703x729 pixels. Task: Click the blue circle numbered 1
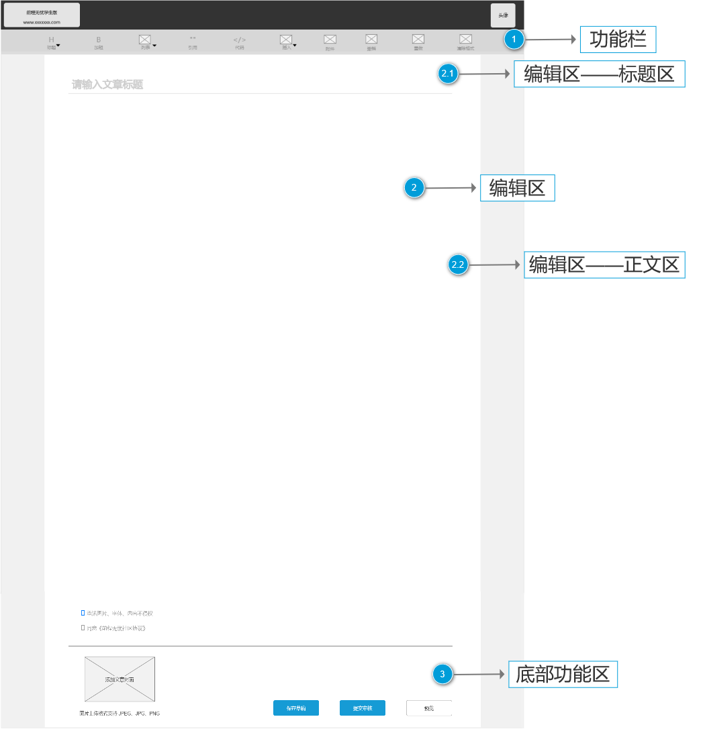point(514,40)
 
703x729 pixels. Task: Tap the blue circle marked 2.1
point(448,75)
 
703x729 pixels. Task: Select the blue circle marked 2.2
point(458,265)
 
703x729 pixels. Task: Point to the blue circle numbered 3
point(442,675)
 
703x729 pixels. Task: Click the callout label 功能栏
point(618,40)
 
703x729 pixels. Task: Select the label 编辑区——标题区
point(599,75)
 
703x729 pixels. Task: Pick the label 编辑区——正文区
point(604,265)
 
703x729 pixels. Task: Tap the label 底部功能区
point(563,674)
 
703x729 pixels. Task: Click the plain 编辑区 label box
point(517,189)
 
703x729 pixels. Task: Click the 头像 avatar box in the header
point(503,15)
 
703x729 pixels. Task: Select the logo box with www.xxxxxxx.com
point(42,15)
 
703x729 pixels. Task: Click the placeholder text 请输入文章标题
point(107,85)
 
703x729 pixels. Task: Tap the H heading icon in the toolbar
point(51,40)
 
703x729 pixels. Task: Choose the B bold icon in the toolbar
point(99,40)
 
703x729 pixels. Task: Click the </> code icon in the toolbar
point(240,40)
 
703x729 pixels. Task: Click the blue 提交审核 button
point(362,708)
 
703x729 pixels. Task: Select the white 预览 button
point(429,708)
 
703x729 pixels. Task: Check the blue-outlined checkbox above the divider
point(83,613)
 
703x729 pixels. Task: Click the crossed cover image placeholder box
point(120,679)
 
